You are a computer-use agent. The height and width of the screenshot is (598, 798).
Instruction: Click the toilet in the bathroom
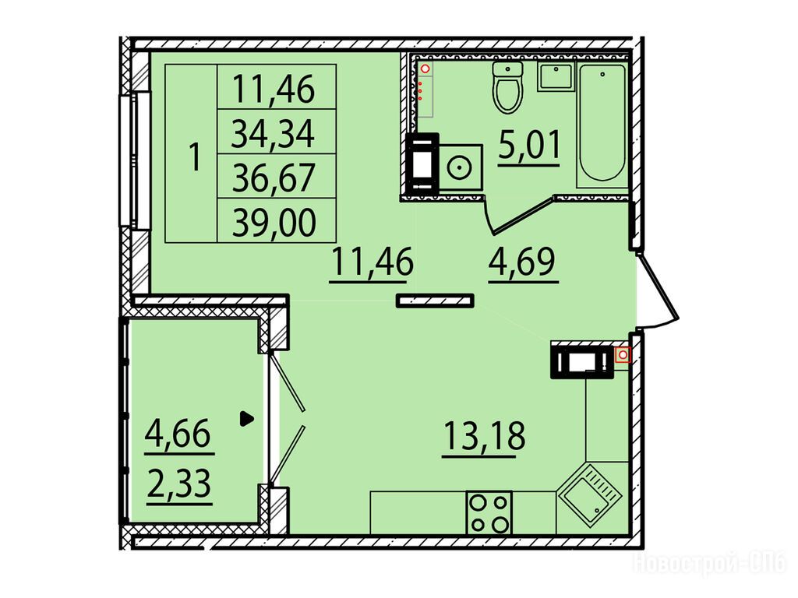click(507, 86)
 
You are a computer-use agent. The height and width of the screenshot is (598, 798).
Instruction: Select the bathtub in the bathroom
click(602, 125)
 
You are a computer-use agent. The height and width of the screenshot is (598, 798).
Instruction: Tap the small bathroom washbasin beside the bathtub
click(556, 77)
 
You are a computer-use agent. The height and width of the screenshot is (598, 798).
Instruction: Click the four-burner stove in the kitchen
click(489, 512)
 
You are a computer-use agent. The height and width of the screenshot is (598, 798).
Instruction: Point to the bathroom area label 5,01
click(529, 146)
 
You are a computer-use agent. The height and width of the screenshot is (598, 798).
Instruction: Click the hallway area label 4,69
click(523, 262)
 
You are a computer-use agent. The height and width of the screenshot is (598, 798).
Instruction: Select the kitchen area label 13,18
click(484, 437)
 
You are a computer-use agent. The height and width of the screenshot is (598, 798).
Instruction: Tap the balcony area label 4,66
click(178, 434)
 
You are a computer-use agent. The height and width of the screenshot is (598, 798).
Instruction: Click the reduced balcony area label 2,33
click(178, 484)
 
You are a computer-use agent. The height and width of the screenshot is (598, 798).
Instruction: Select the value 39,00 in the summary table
click(274, 221)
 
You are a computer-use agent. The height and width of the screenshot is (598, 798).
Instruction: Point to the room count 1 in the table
click(194, 157)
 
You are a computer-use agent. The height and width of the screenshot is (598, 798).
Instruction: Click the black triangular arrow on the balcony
click(246, 418)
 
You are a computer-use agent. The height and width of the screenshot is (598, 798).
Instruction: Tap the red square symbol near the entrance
click(623, 354)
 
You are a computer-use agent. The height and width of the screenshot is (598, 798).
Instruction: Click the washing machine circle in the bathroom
click(460, 167)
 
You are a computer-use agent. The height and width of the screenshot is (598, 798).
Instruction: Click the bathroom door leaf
click(520, 216)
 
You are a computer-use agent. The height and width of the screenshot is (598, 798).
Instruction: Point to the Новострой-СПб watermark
click(709, 564)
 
